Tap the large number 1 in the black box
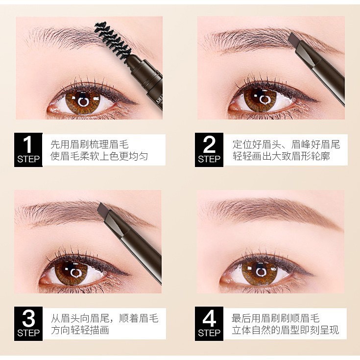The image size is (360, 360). click(28, 145)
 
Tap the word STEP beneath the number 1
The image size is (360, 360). click(28, 159)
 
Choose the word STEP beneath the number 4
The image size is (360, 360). click(209, 333)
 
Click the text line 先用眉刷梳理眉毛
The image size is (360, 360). click(89, 144)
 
